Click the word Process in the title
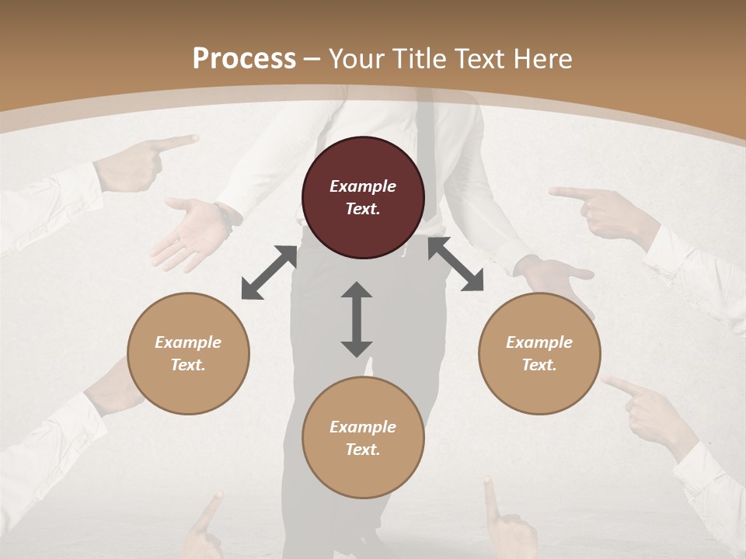click(x=244, y=58)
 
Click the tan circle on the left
click(x=188, y=353)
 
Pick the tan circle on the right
click(x=539, y=353)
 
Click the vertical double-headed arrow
click(x=357, y=319)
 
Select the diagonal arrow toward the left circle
click(x=269, y=273)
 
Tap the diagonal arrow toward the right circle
click(x=455, y=264)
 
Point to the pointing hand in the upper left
click(x=148, y=161)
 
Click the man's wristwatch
click(x=227, y=217)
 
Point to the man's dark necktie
click(x=425, y=124)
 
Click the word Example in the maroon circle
click(x=363, y=186)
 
